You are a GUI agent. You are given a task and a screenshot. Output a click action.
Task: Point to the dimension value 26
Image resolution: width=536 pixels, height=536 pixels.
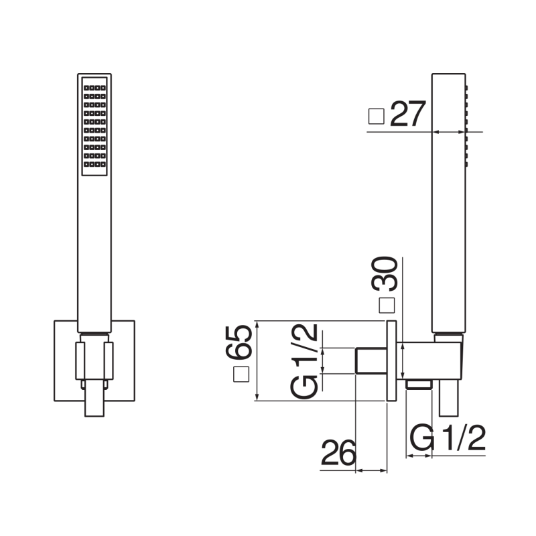(x=339, y=454)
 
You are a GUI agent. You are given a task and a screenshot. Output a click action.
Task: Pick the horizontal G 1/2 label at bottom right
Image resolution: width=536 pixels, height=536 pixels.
(x=447, y=439)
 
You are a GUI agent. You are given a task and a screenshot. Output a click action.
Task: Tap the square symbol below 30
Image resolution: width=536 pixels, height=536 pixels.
(x=386, y=306)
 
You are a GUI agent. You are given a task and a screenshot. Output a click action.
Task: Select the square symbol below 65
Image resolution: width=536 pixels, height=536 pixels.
(x=241, y=376)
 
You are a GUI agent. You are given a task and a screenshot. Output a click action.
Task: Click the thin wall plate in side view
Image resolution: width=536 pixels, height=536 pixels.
(x=392, y=361)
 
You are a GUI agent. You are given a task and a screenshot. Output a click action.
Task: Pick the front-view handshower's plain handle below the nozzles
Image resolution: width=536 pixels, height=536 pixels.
(x=94, y=255)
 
